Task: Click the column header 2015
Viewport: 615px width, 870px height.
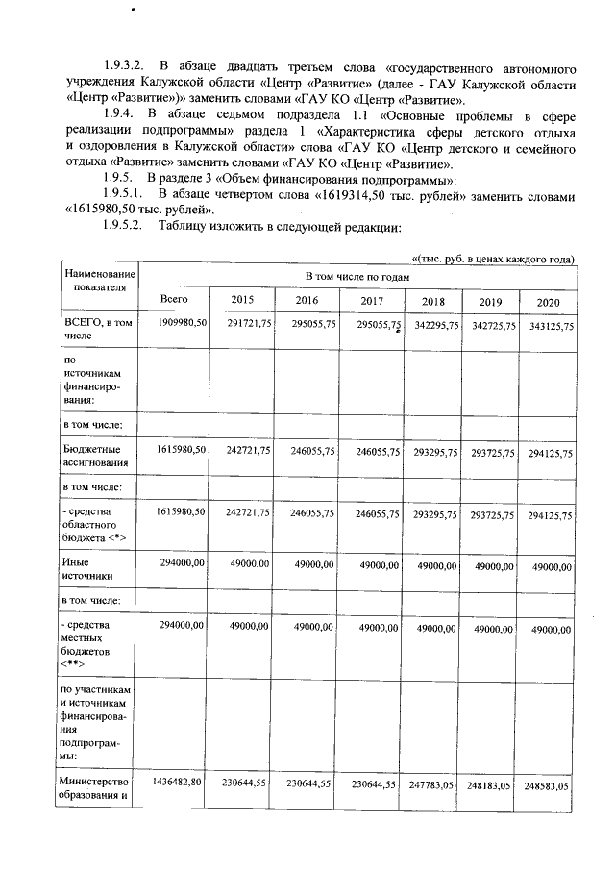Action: click(242, 299)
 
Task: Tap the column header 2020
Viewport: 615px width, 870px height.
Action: click(548, 302)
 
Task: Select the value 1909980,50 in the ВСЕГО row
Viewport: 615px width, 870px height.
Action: click(180, 325)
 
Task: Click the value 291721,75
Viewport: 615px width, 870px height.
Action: click(246, 325)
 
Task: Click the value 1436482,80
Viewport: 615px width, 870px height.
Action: click(177, 784)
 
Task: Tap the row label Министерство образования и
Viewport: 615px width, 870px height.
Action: click(95, 792)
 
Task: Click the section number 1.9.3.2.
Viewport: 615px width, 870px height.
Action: click(124, 69)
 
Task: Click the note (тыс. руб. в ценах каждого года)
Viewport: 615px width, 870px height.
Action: click(493, 259)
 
